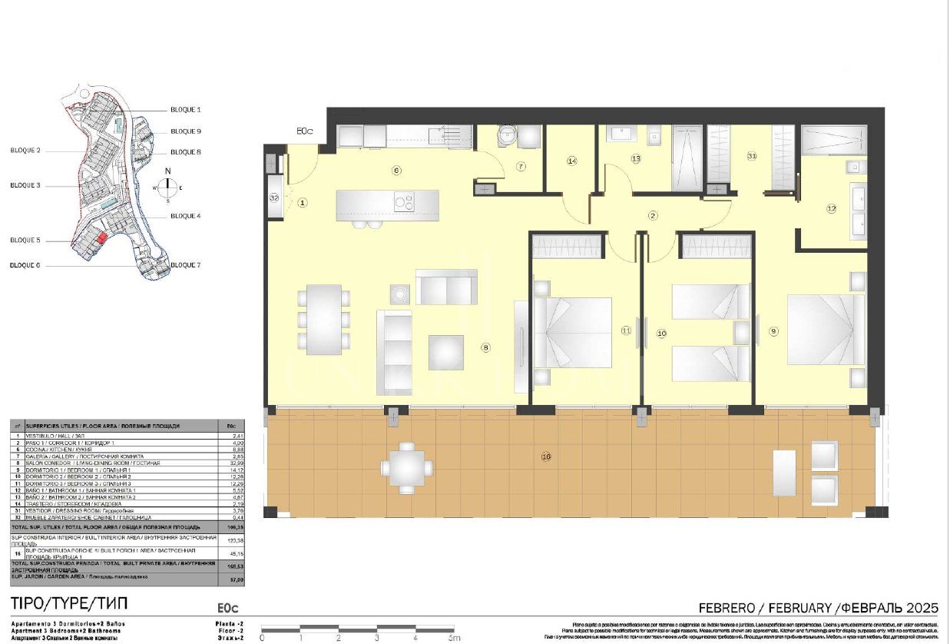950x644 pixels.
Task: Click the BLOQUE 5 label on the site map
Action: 25,241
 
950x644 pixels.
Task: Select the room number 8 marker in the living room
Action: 485,347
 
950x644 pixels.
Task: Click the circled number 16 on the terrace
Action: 546,456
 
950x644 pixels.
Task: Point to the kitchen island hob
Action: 404,203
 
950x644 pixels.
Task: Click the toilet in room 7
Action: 505,135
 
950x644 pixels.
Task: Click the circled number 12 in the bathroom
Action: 830,207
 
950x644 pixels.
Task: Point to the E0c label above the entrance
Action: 306,132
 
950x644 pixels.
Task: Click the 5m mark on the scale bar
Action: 453,637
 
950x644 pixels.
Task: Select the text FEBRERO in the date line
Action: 722,607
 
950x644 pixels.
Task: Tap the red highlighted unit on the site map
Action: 102,239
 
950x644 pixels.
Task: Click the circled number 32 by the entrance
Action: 274,197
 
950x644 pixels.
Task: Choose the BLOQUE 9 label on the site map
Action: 185,131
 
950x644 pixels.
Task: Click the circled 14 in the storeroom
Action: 571,161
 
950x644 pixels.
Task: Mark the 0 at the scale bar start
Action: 263,637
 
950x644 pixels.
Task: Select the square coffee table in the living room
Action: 445,353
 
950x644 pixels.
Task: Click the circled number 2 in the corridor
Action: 653,216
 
